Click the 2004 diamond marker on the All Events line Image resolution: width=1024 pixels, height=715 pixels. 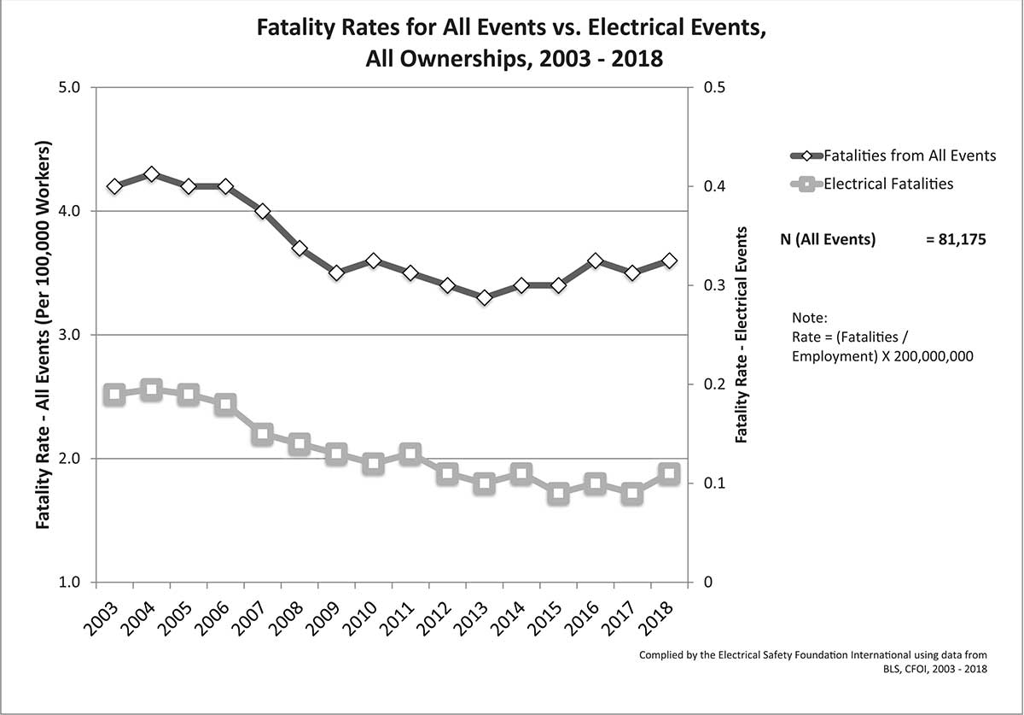pos(151,174)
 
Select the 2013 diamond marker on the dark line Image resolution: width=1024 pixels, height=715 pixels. pos(485,298)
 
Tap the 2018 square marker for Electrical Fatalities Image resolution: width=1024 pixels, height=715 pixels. pos(670,473)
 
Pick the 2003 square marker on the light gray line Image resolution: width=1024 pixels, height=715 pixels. pos(114,394)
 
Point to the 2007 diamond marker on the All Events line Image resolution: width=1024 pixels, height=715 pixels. pos(262,211)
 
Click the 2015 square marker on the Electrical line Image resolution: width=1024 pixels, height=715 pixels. pos(559,494)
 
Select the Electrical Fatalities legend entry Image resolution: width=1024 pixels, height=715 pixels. pos(887,183)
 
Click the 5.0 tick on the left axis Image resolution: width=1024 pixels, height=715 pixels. pos(69,87)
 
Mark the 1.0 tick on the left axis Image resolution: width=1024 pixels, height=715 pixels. pos(69,583)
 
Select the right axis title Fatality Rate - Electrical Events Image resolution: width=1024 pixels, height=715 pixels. pos(741,334)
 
